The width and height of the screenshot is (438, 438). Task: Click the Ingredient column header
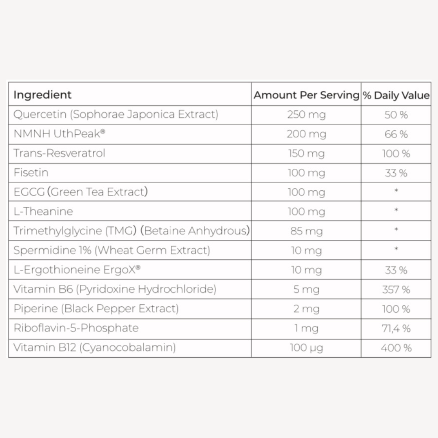pos(42,95)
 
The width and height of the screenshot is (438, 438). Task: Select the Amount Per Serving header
pos(306,95)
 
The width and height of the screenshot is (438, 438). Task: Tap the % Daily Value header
pos(396,96)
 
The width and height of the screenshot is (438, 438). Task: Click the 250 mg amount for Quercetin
pos(306,115)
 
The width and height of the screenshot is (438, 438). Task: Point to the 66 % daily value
pos(396,134)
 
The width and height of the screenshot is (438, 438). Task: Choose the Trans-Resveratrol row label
pos(59,153)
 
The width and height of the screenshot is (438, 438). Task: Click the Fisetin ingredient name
pos(31,173)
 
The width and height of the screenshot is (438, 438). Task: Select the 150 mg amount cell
pos(306,154)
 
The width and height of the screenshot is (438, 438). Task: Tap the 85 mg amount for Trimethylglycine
pos(306,231)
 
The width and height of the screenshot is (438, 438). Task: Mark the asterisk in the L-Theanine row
pos(396,210)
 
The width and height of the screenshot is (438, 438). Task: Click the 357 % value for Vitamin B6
pos(396,290)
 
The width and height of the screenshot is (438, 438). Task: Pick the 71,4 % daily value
pos(396,328)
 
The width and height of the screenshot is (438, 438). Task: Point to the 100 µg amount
pos(306,348)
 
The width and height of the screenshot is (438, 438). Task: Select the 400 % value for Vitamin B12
pos(396,348)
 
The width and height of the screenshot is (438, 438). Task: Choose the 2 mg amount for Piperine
pos(306,309)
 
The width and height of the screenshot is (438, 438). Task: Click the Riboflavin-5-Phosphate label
pos(76,328)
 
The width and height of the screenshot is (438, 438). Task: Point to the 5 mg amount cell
pos(306,290)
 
